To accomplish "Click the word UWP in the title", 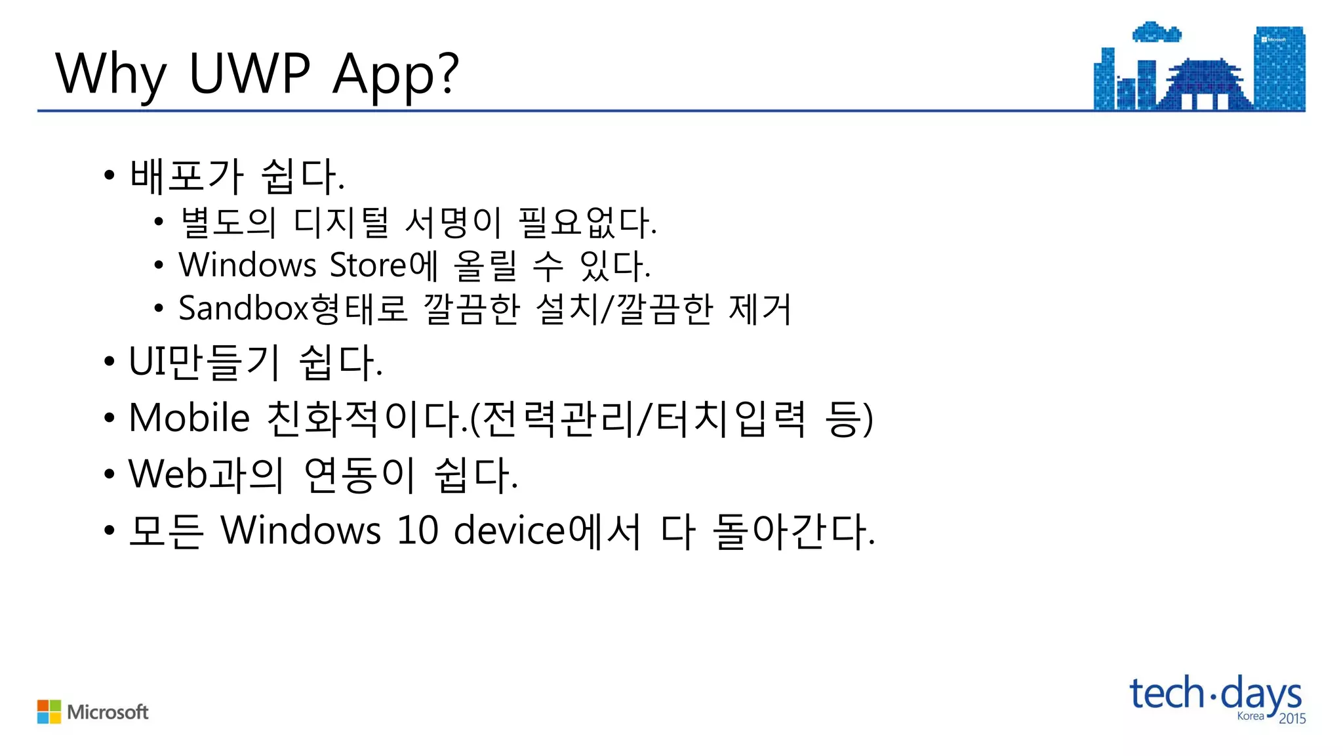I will point(249,73).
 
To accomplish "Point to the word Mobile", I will point(190,417).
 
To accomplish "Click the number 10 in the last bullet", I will point(417,530).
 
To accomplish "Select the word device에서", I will point(547,530).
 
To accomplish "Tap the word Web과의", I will point(206,474).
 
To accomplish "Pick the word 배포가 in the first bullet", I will point(186,176).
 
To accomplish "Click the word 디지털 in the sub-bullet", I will point(341,222).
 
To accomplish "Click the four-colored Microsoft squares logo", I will point(49,712).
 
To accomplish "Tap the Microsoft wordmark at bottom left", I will point(108,712).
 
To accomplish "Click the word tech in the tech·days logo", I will point(1167,694).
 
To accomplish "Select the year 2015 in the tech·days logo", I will point(1292,719).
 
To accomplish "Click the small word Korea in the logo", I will point(1250,716).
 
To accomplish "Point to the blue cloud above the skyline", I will point(1156,32).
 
